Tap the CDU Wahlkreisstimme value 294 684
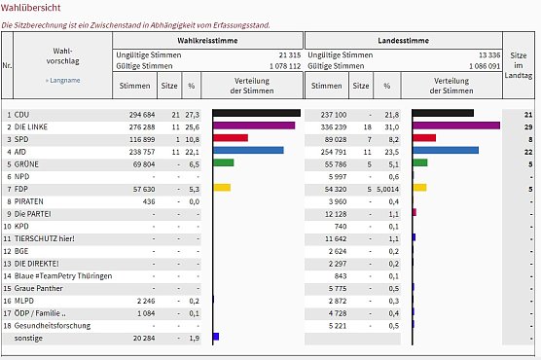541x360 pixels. (135, 114)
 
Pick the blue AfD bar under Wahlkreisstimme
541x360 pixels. (248, 151)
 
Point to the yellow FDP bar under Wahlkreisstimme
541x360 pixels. (222, 187)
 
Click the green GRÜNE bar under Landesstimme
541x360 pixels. (420, 162)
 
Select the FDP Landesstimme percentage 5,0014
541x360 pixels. (385, 188)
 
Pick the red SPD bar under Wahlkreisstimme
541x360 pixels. (231, 138)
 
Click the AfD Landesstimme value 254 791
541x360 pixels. (327, 151)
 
